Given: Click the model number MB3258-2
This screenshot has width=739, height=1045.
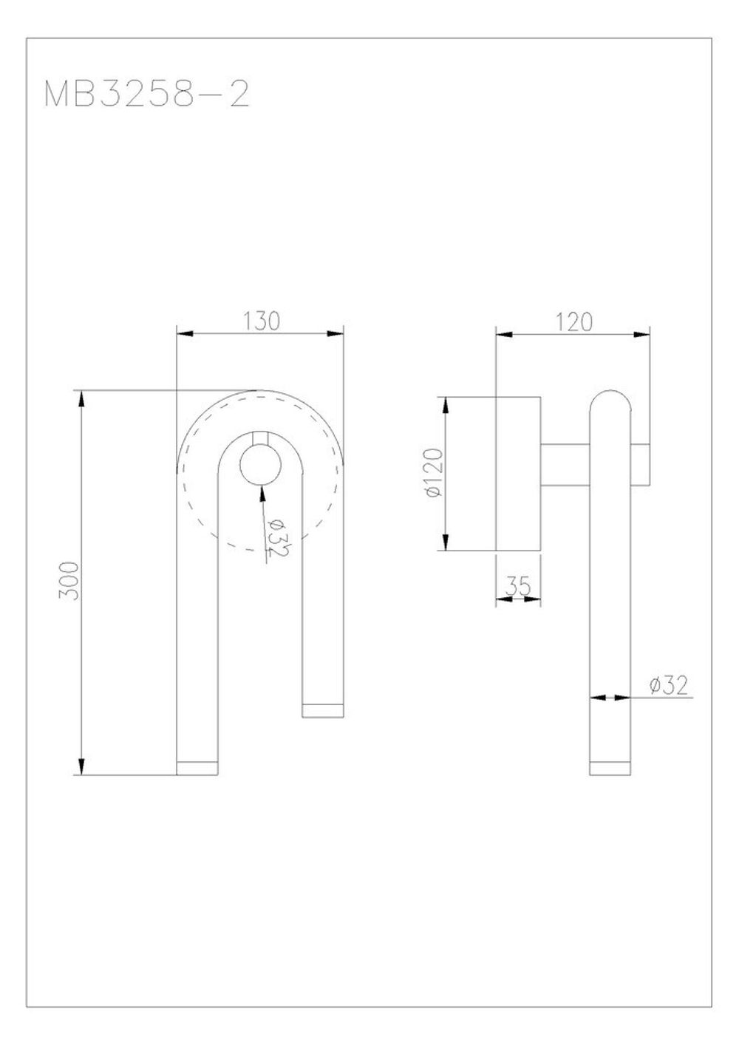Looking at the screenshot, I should tap(146, 95).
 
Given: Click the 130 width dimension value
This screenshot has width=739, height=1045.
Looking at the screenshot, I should tap(262, 321).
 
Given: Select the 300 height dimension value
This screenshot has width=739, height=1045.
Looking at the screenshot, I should tap(69, 582).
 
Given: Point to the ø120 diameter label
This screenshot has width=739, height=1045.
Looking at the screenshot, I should tap(434, 474).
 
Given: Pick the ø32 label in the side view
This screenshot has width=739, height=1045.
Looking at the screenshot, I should tap(669, 686).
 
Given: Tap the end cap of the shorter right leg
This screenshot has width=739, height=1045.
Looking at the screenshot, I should tap(324, 710).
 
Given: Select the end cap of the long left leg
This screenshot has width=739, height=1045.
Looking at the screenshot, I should tap(197, 768).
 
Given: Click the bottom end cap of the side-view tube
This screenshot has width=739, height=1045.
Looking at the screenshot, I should tap(610, 768).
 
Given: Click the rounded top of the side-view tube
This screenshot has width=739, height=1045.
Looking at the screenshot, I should tap(610, 403).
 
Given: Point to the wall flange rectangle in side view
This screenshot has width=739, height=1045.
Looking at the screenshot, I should tap(518, 474).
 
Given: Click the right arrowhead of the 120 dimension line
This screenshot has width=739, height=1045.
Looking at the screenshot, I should tap(642, 334).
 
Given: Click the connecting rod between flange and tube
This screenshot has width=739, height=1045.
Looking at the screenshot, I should tap(565, 465).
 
